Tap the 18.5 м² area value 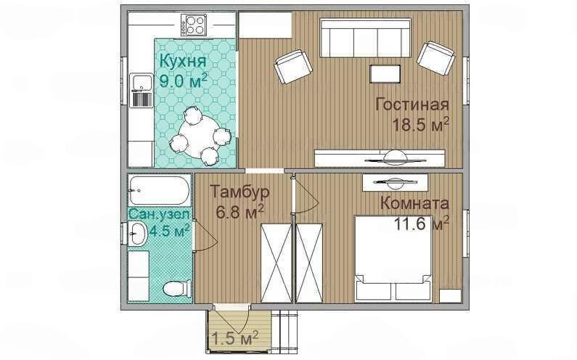[x=421, y=125]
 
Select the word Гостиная [x=412, y=105]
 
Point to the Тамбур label [x=240, y=192]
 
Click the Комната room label [x=414, y=202]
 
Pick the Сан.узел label [x=160, y=214]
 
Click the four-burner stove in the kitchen [x=193, y=25]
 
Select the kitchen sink [x=142, y=83]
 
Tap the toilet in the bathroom [x=177, y=288]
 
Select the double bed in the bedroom [x=393, y=258]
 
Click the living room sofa [x=365, y=38]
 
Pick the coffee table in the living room [x=385, y=74]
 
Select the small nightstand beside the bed [x=451, y=295]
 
